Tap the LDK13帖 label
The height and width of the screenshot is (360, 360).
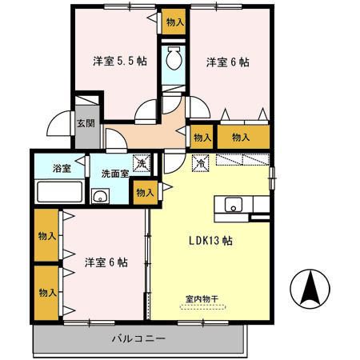(210, 239)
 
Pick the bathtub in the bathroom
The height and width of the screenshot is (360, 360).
(59, 193)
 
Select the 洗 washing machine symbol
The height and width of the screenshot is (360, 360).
(141, 163)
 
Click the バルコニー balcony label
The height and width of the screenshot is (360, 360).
(138, 338)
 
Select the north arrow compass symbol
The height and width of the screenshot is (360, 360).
(310, 289)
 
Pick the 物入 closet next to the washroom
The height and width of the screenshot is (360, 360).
(145, 192)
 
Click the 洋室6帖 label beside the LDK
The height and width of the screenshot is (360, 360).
(106, 261)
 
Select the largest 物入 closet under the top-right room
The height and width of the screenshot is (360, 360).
(242, 137)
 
